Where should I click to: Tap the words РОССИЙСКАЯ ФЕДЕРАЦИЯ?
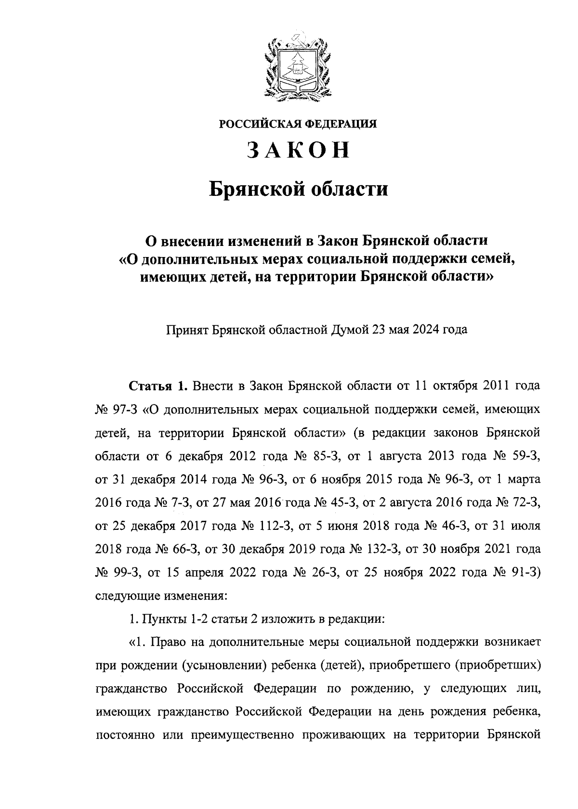(x=298, y=124)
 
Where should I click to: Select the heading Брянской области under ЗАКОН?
(x=298, y=189)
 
